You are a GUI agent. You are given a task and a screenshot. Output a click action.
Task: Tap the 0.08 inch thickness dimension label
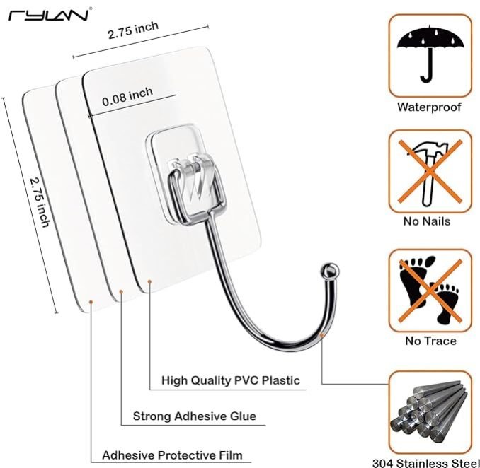coord(127,97)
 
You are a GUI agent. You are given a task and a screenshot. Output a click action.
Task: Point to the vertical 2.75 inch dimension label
coord(40,202)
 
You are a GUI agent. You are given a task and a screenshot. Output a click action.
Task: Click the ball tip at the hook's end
coord(330,270)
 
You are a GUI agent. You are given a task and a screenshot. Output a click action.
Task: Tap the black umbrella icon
coord(430,54)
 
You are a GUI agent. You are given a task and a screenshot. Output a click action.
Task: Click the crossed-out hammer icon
coord(430,172)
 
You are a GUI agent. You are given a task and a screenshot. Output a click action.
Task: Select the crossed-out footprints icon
coord(430,291)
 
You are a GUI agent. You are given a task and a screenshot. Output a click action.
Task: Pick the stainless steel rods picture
coord(430,413)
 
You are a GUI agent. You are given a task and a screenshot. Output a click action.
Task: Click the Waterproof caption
coord(429,107)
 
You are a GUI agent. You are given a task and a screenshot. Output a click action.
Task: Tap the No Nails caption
coord(427,221)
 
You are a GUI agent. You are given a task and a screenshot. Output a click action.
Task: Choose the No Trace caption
coord(430,341)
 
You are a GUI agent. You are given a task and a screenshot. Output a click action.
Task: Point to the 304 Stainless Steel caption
coord(426,463)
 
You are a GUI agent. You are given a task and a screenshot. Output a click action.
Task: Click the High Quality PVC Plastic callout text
coord(231,380)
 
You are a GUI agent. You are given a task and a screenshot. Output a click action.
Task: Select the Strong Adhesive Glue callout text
coord(195,416)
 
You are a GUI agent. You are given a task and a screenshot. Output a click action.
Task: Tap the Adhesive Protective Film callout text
coord(172,455)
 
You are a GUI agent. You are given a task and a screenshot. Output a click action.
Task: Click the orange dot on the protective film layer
coord(91,302)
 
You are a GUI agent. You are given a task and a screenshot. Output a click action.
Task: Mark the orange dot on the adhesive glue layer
coord(121,292)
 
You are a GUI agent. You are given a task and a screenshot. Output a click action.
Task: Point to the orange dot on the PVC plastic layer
coord(149,281)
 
